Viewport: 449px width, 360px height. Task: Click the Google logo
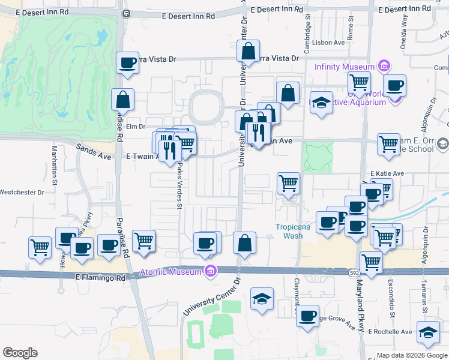pyautogui.click(x=20, y=353)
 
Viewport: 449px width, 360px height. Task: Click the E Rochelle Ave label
pyautogui.click(x=390, y=331)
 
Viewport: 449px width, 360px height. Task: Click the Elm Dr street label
pyautogui.click(x=134, y=127)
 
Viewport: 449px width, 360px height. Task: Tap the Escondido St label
pyautogui.click(x=392, y=303)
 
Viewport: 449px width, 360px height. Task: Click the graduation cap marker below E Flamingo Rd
pyautogui.click(x=262, y=299)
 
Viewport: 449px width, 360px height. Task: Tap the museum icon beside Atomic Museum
pyautogui.click(x=209, y=271)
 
